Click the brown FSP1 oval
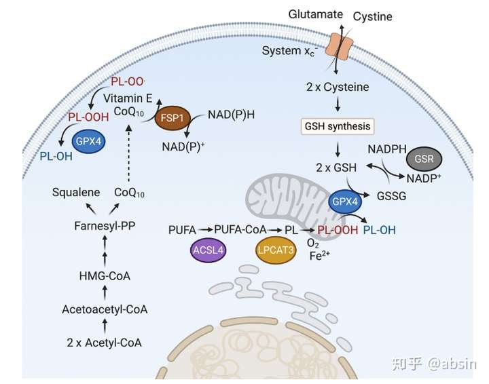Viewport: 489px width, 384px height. click(x=173, y=118)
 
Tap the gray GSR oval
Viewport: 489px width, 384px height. click(x=424, y=159)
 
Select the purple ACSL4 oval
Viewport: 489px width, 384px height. click(x=208, y=250)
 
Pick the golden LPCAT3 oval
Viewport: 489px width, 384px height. click(x=275, y=250)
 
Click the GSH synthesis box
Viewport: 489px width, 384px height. click(x=338, y=126)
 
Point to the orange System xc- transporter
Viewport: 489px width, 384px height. click(x=339, y=45)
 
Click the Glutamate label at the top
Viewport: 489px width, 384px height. click(x=315, y=14)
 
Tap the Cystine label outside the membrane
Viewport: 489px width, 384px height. click(x=372, y=16)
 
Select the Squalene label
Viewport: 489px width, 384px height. click(x=76, y=193)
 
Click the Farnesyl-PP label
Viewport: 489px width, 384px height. click(x=105, y=226)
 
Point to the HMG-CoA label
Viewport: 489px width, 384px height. click(x=105, y=276)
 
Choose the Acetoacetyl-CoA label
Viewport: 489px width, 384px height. click(x=105, y=309)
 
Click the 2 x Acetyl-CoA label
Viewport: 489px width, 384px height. click(x=104, y=343)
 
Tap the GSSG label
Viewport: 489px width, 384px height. click(x=391, y=196)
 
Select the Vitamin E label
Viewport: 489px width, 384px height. click(x=128, y=98)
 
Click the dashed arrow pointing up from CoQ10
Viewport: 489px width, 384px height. click(x=128, y=153)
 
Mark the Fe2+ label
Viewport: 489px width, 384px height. click(x=320, y=256)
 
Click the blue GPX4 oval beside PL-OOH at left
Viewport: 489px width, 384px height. click(x=88, y=142)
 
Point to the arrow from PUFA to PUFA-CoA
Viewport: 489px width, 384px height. click(x=206, y=230)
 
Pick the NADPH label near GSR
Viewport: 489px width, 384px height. click(x=387, y=149)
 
